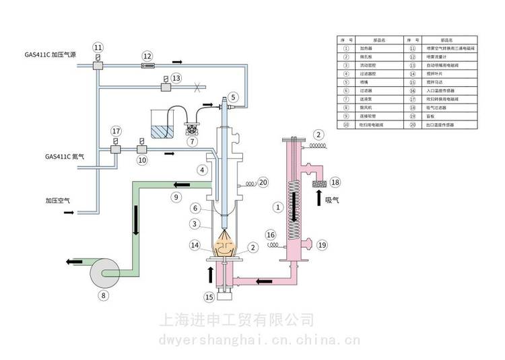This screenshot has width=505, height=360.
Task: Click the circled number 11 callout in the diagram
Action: coord(98,47)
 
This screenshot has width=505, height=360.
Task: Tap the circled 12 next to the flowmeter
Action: coord(148,55)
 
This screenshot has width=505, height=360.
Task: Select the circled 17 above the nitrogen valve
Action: coord(116,131)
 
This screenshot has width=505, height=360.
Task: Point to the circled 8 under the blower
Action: coord(103,294)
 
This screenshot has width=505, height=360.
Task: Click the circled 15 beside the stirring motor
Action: coord(209,297)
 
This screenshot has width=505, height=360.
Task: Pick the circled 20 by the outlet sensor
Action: coord(263,182)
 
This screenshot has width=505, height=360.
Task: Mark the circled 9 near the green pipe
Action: coord(176,197)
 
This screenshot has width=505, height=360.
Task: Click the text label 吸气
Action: coord(333,200)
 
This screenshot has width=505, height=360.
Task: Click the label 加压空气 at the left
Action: coord(59,201)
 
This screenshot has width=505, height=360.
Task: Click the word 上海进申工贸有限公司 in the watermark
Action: coord(236,318)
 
